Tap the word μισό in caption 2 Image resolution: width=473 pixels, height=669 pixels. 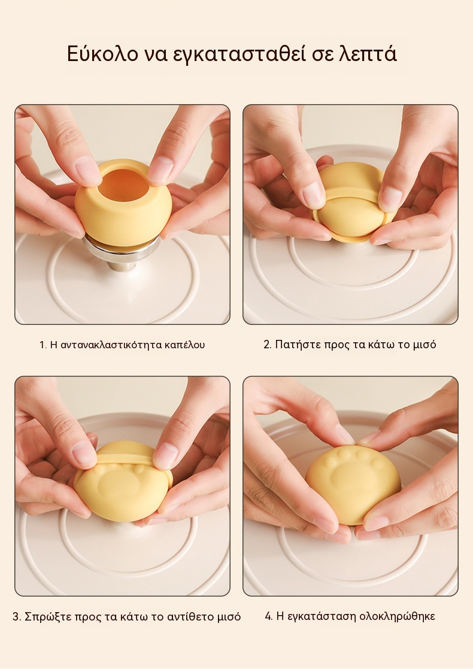[425, 345]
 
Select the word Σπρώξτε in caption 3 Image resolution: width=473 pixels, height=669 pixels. [48, 616]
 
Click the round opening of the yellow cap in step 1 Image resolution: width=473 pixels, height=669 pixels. [124, 184]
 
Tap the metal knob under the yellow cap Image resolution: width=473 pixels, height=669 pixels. [122, 254]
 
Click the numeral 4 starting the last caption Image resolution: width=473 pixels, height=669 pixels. [268, 616]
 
